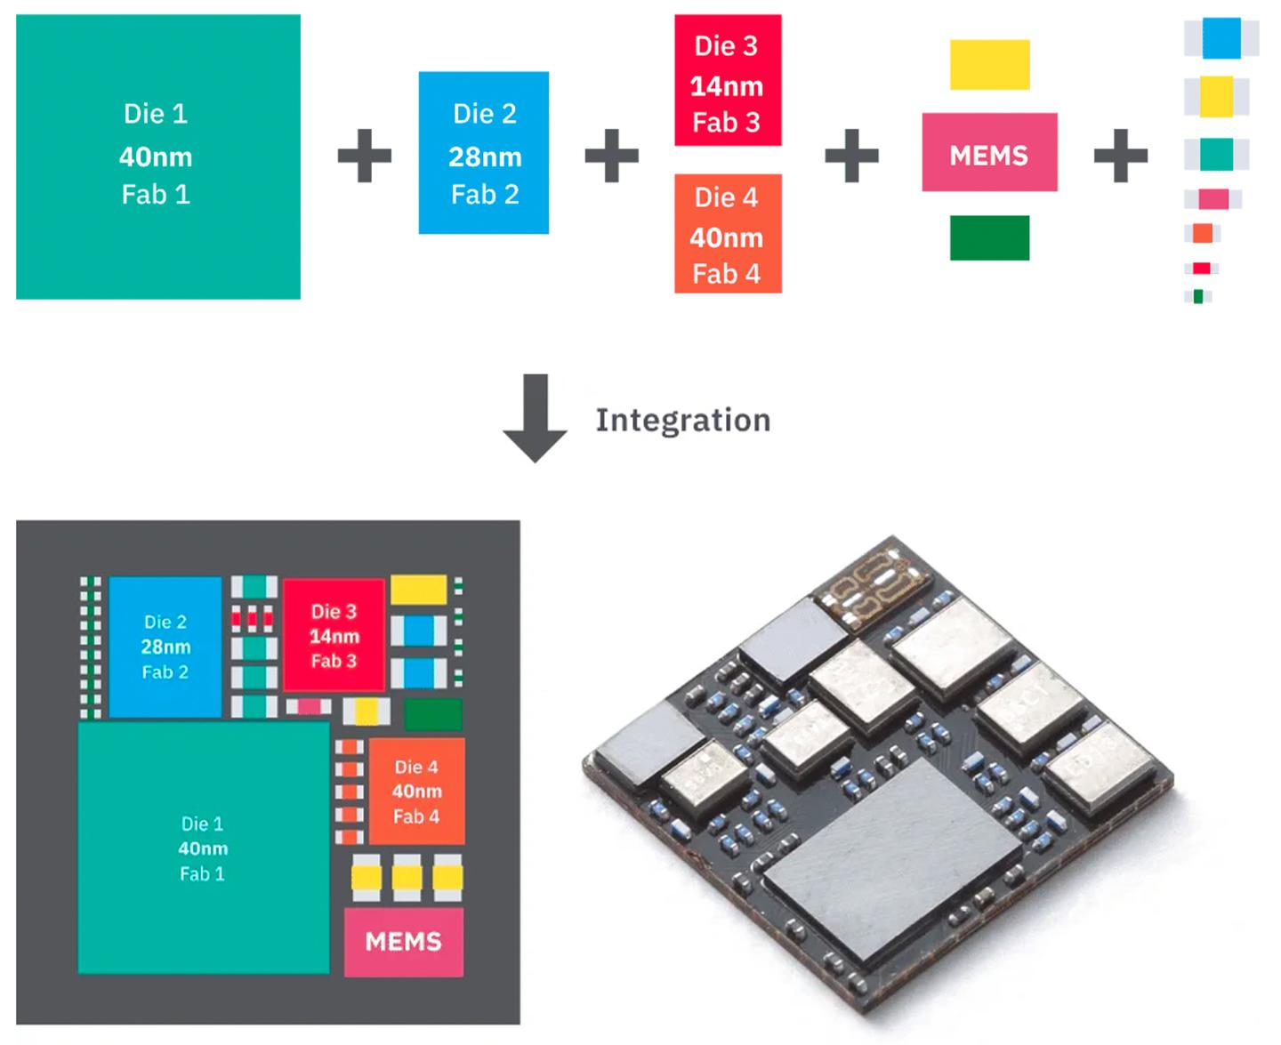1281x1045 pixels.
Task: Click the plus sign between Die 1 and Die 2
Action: click(365, 157)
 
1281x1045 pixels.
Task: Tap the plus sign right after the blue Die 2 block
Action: click(611, 157)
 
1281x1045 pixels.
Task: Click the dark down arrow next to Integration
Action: click(535, 418)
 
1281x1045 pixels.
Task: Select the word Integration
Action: click(682, 420)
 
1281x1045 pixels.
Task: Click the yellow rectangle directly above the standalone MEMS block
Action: click(989, 64)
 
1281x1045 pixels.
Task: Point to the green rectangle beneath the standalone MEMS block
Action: click(989, 237)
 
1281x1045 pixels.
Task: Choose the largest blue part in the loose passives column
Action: click(1221, 38)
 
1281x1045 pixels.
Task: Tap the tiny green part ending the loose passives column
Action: click(1198, 296)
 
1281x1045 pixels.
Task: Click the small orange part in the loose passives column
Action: click(1203, 233)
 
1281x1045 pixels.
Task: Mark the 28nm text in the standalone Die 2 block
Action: click(485, 157)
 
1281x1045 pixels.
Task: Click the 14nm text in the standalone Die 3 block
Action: click(727, 86)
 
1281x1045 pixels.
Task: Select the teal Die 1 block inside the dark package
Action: click(203, 848)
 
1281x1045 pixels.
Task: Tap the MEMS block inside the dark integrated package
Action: click(404, 942)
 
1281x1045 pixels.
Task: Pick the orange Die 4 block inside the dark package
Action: click(416, 791)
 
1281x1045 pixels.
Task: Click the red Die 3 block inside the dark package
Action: click(334, 635)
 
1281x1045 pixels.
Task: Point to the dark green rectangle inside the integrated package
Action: click(433, 714)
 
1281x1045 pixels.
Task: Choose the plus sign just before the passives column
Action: click(1120, 157)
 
